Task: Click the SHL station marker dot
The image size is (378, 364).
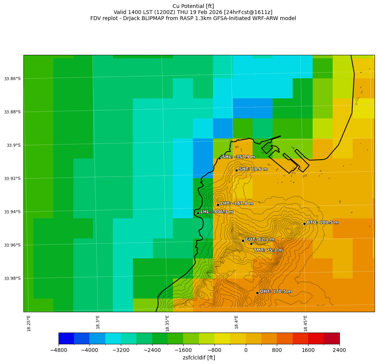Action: pos(219,158)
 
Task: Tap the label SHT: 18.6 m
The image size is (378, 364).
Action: pos(253,169)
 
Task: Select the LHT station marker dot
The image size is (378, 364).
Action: pos(218,205)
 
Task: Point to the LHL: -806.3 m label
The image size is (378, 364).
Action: pos(217,212)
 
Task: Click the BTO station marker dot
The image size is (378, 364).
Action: pos(304,224)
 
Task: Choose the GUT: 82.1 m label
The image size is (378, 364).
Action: pos(260,240)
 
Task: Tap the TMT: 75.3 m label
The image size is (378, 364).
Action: pos(268,250)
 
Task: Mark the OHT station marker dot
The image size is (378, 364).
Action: pos(257,293)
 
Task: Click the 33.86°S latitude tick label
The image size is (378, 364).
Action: pos(12,79)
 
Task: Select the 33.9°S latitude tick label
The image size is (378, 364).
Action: pos(14,145)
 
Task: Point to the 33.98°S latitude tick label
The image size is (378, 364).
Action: pos(12,278)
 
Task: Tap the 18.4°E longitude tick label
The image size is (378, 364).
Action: pos(236,322)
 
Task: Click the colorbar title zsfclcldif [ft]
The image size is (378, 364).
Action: pos(199,358)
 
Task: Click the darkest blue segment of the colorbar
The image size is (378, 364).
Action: pos(66,338)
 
